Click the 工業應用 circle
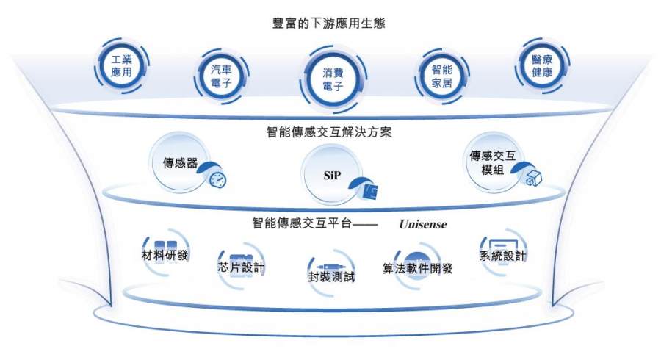(x=121, y=66)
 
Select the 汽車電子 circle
(x=221, y=76)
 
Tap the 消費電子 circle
(x=333, y=79)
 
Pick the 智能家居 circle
(x=442, y=76)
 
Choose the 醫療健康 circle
(x=542, y=66)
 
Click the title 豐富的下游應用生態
(x=329, y=23)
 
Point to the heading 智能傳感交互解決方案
(x=329, y=132)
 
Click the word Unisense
(x=423, y=224)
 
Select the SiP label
(x=332, y=176)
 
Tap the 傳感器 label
(x=180, y=162)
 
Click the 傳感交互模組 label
(x=492, y=162)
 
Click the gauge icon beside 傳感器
(x=218, y=179)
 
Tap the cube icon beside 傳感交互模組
(x=533, y=178)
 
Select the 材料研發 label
(x=165, y=255)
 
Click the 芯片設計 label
(x=241, y=267)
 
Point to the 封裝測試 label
(x=331, y=276)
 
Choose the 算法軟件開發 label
(x=417, y=268)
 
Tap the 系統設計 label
(x=503, y=256)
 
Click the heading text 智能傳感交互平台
(x=302, y=223)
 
